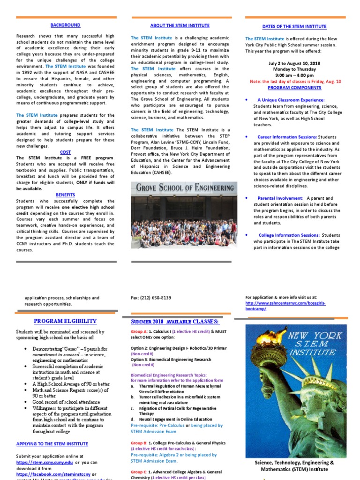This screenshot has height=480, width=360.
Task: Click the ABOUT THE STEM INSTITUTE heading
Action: click(x=180, y=25)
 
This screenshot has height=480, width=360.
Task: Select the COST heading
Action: click(x=65, y=152)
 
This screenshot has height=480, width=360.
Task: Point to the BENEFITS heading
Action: click(x=65, y=195)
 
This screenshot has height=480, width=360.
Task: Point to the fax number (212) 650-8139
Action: click(x=151, y=298)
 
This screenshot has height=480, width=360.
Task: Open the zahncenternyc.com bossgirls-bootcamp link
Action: click(x=285, y=306)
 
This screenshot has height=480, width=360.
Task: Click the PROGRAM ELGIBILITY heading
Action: click(x=65, y=321)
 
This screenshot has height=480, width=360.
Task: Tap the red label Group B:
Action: click(x=139, y=443)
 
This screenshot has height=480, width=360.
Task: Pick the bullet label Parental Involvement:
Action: click(x=280, y=198)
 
